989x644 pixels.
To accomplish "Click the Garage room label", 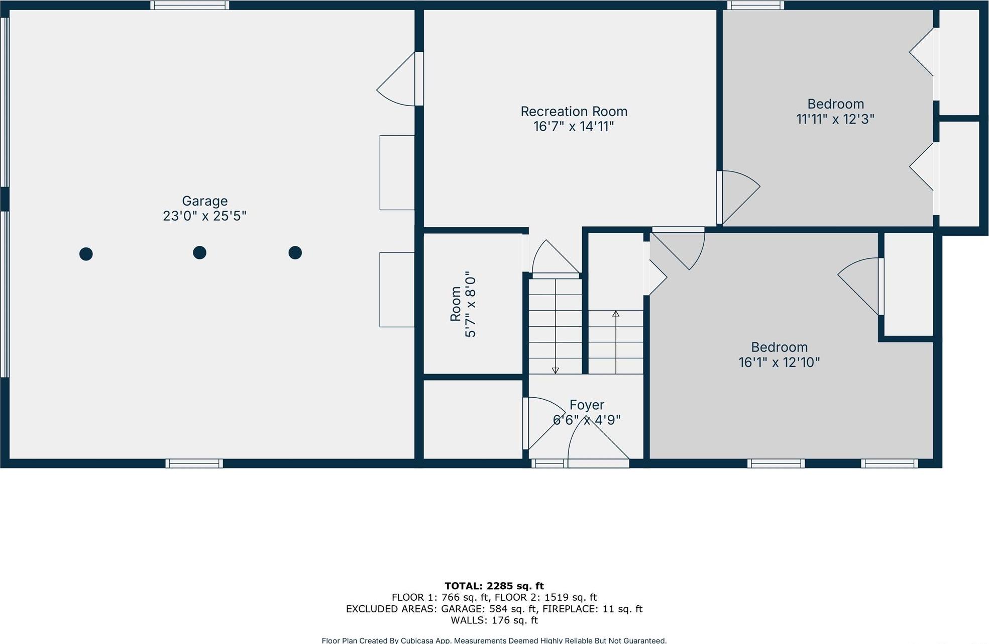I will [x=204, y=201].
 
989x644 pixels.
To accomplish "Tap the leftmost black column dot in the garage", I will [x=86, y=254].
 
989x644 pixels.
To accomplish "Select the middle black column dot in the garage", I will [x=199, y=252].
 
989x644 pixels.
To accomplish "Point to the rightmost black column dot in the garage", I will [x=295, y=252].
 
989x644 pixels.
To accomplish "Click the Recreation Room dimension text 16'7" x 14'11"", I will [x=573, y=126].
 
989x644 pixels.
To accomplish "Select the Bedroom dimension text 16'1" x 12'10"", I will [x=779, y=362].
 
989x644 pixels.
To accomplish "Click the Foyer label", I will [x=587, y=405].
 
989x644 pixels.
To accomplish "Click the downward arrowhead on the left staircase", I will [x=555, y=371].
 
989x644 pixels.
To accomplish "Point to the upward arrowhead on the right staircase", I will [x=616, y=314].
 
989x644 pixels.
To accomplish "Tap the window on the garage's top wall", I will [x=189, y=5].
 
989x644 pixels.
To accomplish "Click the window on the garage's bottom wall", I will [x=194, y=464].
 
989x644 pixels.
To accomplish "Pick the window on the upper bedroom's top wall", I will [x=755, y=5].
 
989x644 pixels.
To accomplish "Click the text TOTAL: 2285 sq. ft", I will [x=494, y=586].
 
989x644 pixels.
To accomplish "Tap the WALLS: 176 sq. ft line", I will [x=494, y=620].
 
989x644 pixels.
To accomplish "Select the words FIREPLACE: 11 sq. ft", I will [x=592, y=609].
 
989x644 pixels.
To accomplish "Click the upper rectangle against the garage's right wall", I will [x=397, y=172].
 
